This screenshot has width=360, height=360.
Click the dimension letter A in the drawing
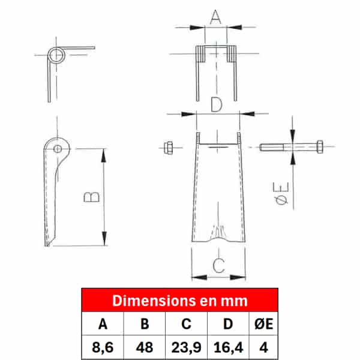(x=215, y=17)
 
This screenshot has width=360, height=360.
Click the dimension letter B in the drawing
(x=91, y=197)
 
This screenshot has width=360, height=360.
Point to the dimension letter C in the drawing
(x=218, y=265)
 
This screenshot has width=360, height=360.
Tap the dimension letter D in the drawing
(x=217, y=104)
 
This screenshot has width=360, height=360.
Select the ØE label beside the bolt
(x=281, y=193)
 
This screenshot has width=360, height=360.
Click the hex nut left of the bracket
(x=168, y=148)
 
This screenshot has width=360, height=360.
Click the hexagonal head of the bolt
(x=320, y=146)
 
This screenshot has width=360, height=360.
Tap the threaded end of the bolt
(x=271, y=147)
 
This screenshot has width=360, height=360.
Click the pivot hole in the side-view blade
(x=58, y=149)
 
